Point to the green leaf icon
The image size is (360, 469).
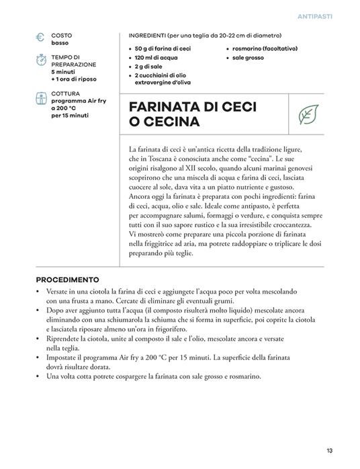pos(308,114)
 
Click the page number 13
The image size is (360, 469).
pos(329,450)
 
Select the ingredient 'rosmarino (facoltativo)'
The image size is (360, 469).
pos(265,48)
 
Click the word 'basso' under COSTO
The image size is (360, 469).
pos(60,43)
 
